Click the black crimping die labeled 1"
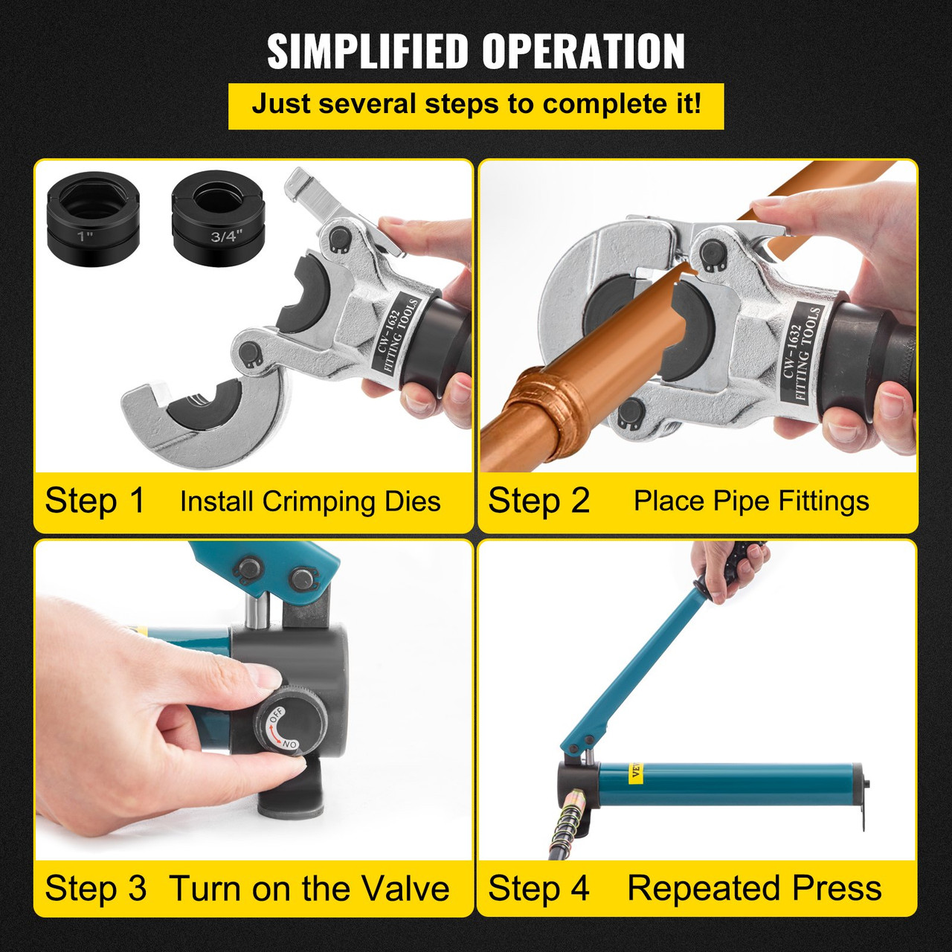93,219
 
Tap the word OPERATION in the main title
583,52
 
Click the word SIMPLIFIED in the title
368,52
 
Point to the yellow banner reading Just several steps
476,105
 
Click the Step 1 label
95,501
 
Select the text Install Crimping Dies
310,501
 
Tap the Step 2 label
538,501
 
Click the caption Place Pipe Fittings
751,501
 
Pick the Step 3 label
95,889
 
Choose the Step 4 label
538,889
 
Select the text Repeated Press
754,889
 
